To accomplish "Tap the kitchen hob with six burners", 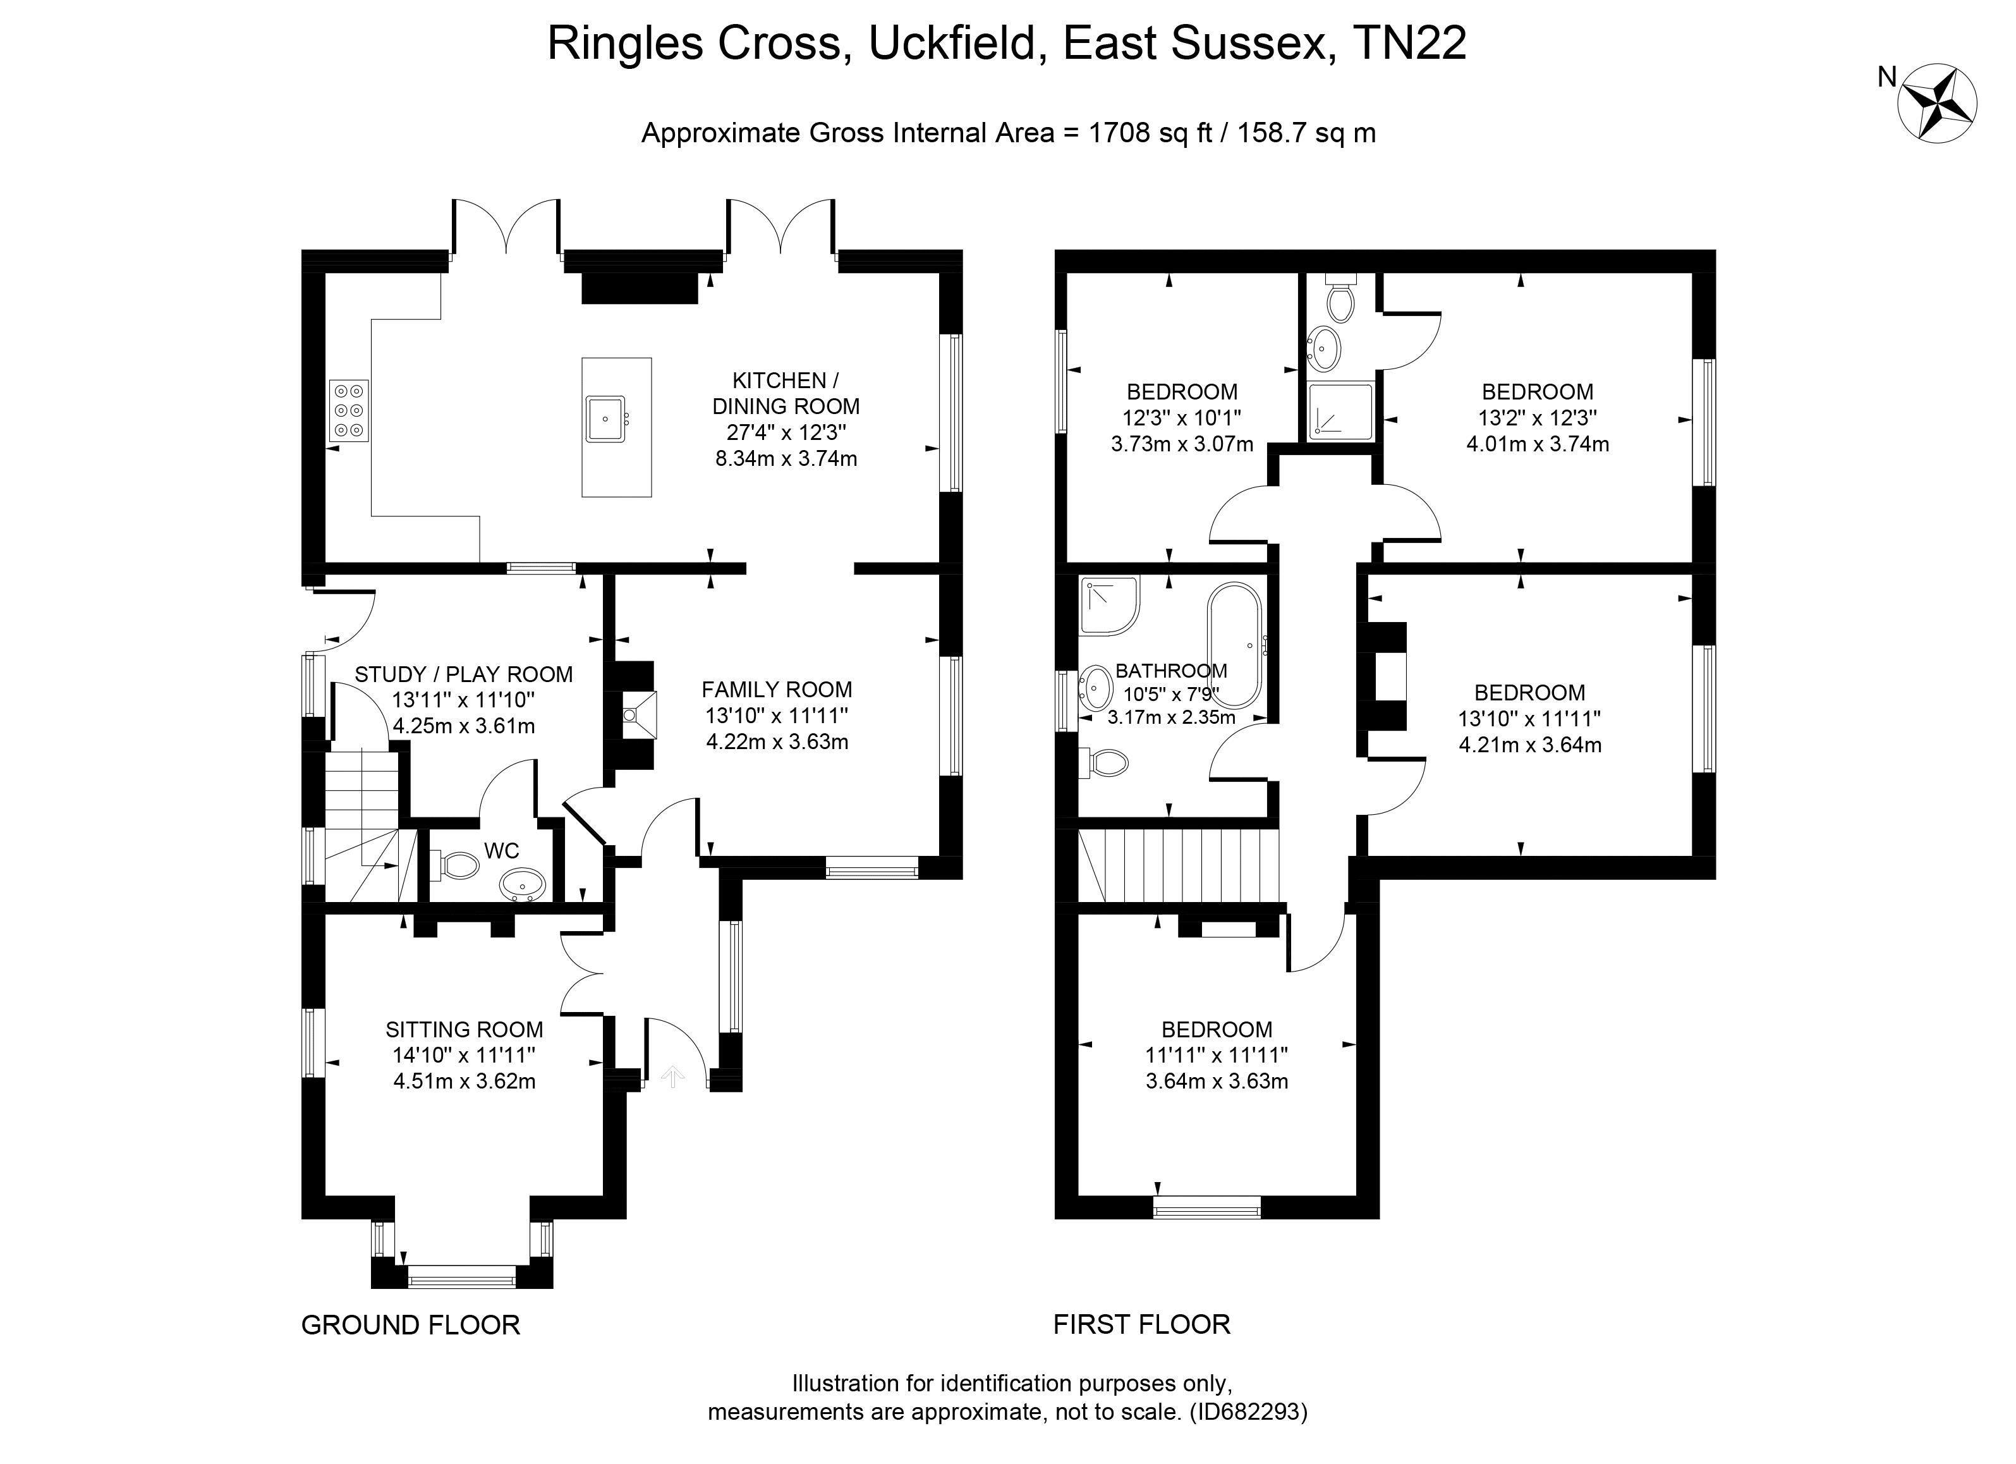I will pos(348,411).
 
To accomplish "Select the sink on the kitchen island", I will pos(606,418).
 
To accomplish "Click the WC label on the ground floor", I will pos(501,851).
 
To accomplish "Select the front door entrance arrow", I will pos(673,1077).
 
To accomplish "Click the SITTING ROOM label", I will pos(464,1029).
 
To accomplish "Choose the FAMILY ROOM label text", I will pos(777,689).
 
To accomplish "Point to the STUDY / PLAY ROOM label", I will pos(463,674).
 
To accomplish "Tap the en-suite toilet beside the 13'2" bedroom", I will pos(1340,300).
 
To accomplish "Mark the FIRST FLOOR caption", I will pos(1141,1324).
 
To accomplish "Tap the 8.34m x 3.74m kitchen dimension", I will pos(786,459).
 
